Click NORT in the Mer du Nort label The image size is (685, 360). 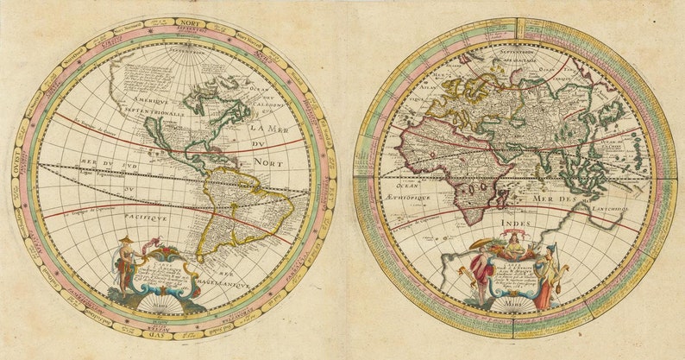(268, 161)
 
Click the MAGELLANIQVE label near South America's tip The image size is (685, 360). (226, 282)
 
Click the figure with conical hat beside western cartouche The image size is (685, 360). (127, 262)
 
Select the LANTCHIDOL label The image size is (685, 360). (609, 208)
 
